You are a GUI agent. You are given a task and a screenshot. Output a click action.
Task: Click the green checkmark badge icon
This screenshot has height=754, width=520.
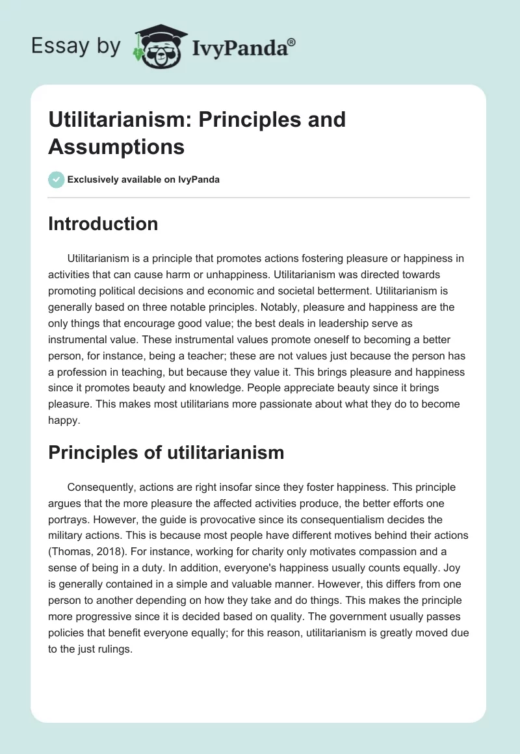pos(57,179)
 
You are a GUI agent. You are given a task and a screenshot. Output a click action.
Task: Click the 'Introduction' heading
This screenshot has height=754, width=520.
pos(103,224)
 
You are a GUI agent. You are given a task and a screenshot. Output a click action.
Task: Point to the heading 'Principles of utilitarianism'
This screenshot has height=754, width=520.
pos(166,452)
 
